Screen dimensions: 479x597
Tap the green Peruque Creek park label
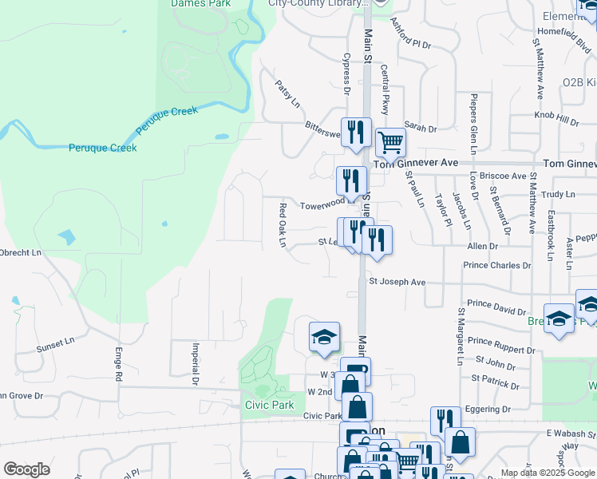coord(102,148)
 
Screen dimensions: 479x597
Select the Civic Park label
coord(269,404)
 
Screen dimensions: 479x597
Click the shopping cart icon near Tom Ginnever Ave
coord(390,143)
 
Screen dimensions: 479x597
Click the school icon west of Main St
coord(324,338)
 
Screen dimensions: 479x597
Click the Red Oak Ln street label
coord(283,225)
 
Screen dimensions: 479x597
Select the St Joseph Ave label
coord(397,282)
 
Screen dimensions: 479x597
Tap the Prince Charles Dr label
coord(497,265)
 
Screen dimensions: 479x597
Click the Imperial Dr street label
coord(195,363)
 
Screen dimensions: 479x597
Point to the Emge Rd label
coord(118,363)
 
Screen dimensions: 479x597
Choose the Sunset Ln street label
coord(55,345)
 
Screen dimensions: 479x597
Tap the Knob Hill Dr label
coord(556,121)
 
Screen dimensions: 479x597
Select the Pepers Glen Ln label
coord(472,124)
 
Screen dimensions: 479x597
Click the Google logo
coord(26,469)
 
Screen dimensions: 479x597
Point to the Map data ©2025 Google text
coord(548,473)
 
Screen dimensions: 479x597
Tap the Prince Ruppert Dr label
coord(502,350)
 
